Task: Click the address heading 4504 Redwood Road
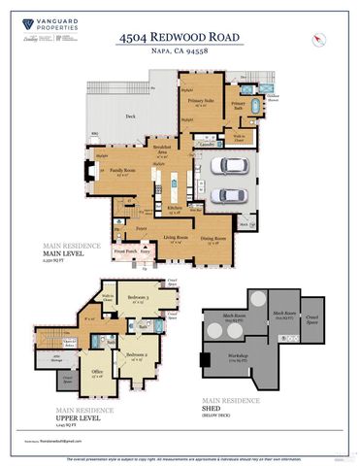(x=180, y=36)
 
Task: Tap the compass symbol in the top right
(x=317, y=38)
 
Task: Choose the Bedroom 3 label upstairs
(x=139, y=299)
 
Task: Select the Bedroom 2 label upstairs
(x=136, y=357)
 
